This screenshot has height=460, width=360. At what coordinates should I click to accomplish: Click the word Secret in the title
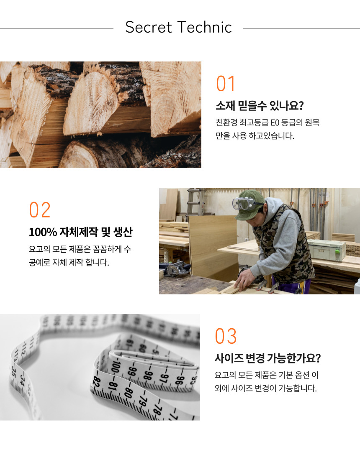[x=148, y=27]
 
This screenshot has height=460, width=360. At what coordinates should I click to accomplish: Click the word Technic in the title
[x=205, y=27]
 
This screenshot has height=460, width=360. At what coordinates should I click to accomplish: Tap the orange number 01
[x=226, y=84]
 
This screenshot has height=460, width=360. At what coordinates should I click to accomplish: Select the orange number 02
[x=40, y=210]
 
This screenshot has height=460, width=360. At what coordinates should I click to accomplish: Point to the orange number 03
[x=226, y=336]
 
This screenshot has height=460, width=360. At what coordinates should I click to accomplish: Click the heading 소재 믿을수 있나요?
[x=260, y=106]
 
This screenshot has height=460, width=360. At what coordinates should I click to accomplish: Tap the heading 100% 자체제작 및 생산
[x=80, y=232]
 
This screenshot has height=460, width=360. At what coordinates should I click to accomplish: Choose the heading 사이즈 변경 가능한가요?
[x=267, y=358]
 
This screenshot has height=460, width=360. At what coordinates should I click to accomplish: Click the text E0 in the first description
[x=275, y=123]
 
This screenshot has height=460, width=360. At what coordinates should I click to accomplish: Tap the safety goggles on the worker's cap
[x=244, y=203]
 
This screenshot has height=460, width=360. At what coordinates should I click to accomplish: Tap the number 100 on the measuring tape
[x=117, y=367]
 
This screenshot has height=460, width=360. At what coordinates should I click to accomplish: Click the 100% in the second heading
[x=43, y=233]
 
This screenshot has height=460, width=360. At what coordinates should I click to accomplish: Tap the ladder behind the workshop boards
[x=193, y=202]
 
